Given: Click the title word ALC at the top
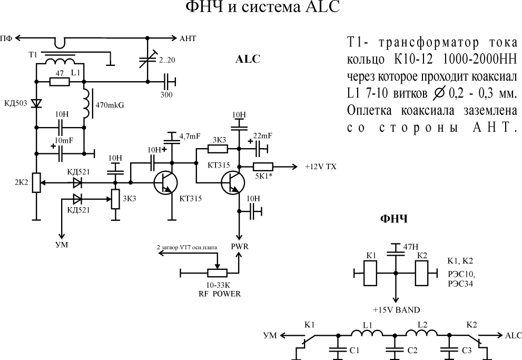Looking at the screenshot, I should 318,9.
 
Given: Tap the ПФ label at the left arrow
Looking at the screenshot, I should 7,38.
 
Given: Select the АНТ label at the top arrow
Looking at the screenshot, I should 188,38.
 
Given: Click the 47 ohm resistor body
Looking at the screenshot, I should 59,82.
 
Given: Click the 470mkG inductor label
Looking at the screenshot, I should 110,105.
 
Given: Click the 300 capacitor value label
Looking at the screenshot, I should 167,95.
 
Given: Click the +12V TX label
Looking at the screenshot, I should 321,167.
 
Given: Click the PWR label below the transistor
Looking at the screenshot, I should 240,246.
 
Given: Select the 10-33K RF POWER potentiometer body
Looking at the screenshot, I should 217,273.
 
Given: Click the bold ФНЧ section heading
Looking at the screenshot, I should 393,219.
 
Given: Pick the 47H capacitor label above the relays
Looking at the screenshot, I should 411,246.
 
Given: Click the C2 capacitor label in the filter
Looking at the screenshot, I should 412,350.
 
